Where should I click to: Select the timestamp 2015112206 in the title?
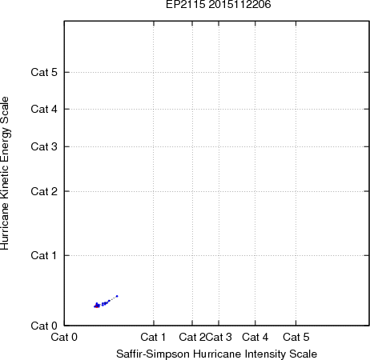(239, 4)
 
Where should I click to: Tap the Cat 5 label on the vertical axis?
(44, 72)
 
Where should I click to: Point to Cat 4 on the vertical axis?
(44, 109)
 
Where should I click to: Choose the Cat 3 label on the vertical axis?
(44, 146)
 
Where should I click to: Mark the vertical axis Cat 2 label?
(44, 191)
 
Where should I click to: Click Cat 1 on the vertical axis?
(44, 255)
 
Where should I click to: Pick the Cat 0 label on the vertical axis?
(44, 326)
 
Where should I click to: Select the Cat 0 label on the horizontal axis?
(64, 337)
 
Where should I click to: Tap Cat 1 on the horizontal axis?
(153, 337)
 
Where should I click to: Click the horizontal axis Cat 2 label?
(192, 337)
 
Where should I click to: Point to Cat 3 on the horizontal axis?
(219, 337)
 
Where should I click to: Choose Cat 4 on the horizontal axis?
(255, 337)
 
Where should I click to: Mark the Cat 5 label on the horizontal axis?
(296, 337)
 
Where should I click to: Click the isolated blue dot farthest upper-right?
(117, 296)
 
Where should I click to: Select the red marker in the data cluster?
(96, 306)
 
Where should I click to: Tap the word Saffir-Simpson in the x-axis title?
(153, 354)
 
